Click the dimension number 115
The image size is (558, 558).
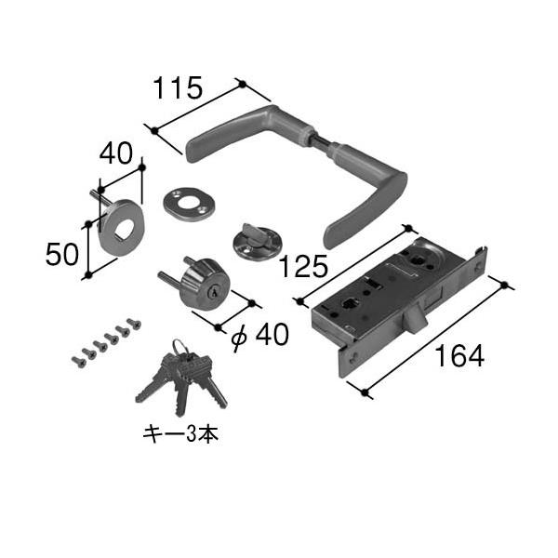[x=178, y=88]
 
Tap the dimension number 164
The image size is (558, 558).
[x=459, y=355]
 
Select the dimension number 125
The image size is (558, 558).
[x=303, y=267]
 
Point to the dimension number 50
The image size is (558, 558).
[x=62, y=255]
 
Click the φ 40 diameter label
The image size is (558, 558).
[x=260, y=335]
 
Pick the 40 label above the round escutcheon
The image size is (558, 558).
[x=115, y=153]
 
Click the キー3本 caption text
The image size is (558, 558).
[x=180, y=435]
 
